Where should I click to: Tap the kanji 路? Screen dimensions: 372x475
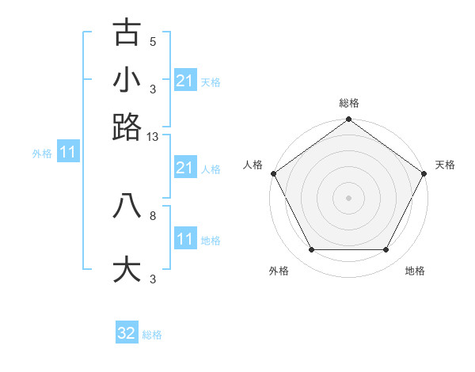pos(127,127)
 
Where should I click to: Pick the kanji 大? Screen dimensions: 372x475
pos(127,269)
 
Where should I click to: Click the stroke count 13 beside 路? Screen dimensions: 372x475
pos(153,137)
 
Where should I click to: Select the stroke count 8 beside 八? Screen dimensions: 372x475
pos(153,214)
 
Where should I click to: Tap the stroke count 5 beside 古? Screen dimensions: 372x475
pos(153,41)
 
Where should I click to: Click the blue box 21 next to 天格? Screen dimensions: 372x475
pos(185,81)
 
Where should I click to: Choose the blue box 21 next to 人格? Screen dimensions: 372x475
pos(185,168)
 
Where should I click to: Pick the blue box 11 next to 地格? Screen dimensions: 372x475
pos(185,239)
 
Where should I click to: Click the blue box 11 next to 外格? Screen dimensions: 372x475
pos(67,152)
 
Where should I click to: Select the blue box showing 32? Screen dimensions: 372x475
pos(127,333)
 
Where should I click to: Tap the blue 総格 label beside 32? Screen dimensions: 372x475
pos(152,335)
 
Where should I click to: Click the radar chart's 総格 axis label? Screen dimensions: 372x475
pos(348,103)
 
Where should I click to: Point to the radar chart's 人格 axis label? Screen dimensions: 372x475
pos(253,165)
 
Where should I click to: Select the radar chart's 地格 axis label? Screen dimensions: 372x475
pos(415,271)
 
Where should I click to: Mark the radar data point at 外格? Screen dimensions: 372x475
pos(311,250)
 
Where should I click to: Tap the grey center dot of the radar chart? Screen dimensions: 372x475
pos(348,198)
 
